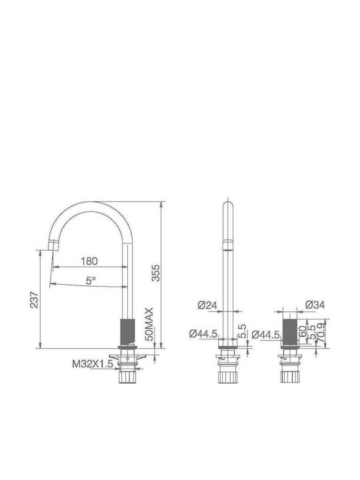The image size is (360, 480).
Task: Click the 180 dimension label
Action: (89, 261)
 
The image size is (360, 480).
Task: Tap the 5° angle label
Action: (91, 280)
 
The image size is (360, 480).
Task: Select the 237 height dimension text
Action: (34, 299)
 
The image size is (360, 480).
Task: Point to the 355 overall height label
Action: (156, 273)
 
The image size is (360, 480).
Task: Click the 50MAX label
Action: (149, 325)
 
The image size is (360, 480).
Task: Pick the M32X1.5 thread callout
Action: (93, 364)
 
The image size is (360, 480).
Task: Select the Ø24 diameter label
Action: (207, 305)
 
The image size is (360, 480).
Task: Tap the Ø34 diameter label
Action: (315, 304)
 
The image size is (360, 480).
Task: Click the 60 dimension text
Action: (303, 331)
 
